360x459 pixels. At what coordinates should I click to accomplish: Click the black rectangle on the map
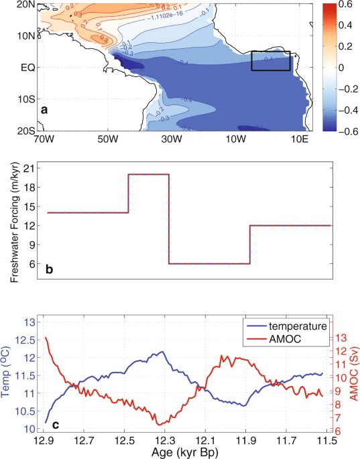tap(270, 60)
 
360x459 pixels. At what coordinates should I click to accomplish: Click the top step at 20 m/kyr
tap(148, 174)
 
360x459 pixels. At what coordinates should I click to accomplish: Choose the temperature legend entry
tap(295, 326)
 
